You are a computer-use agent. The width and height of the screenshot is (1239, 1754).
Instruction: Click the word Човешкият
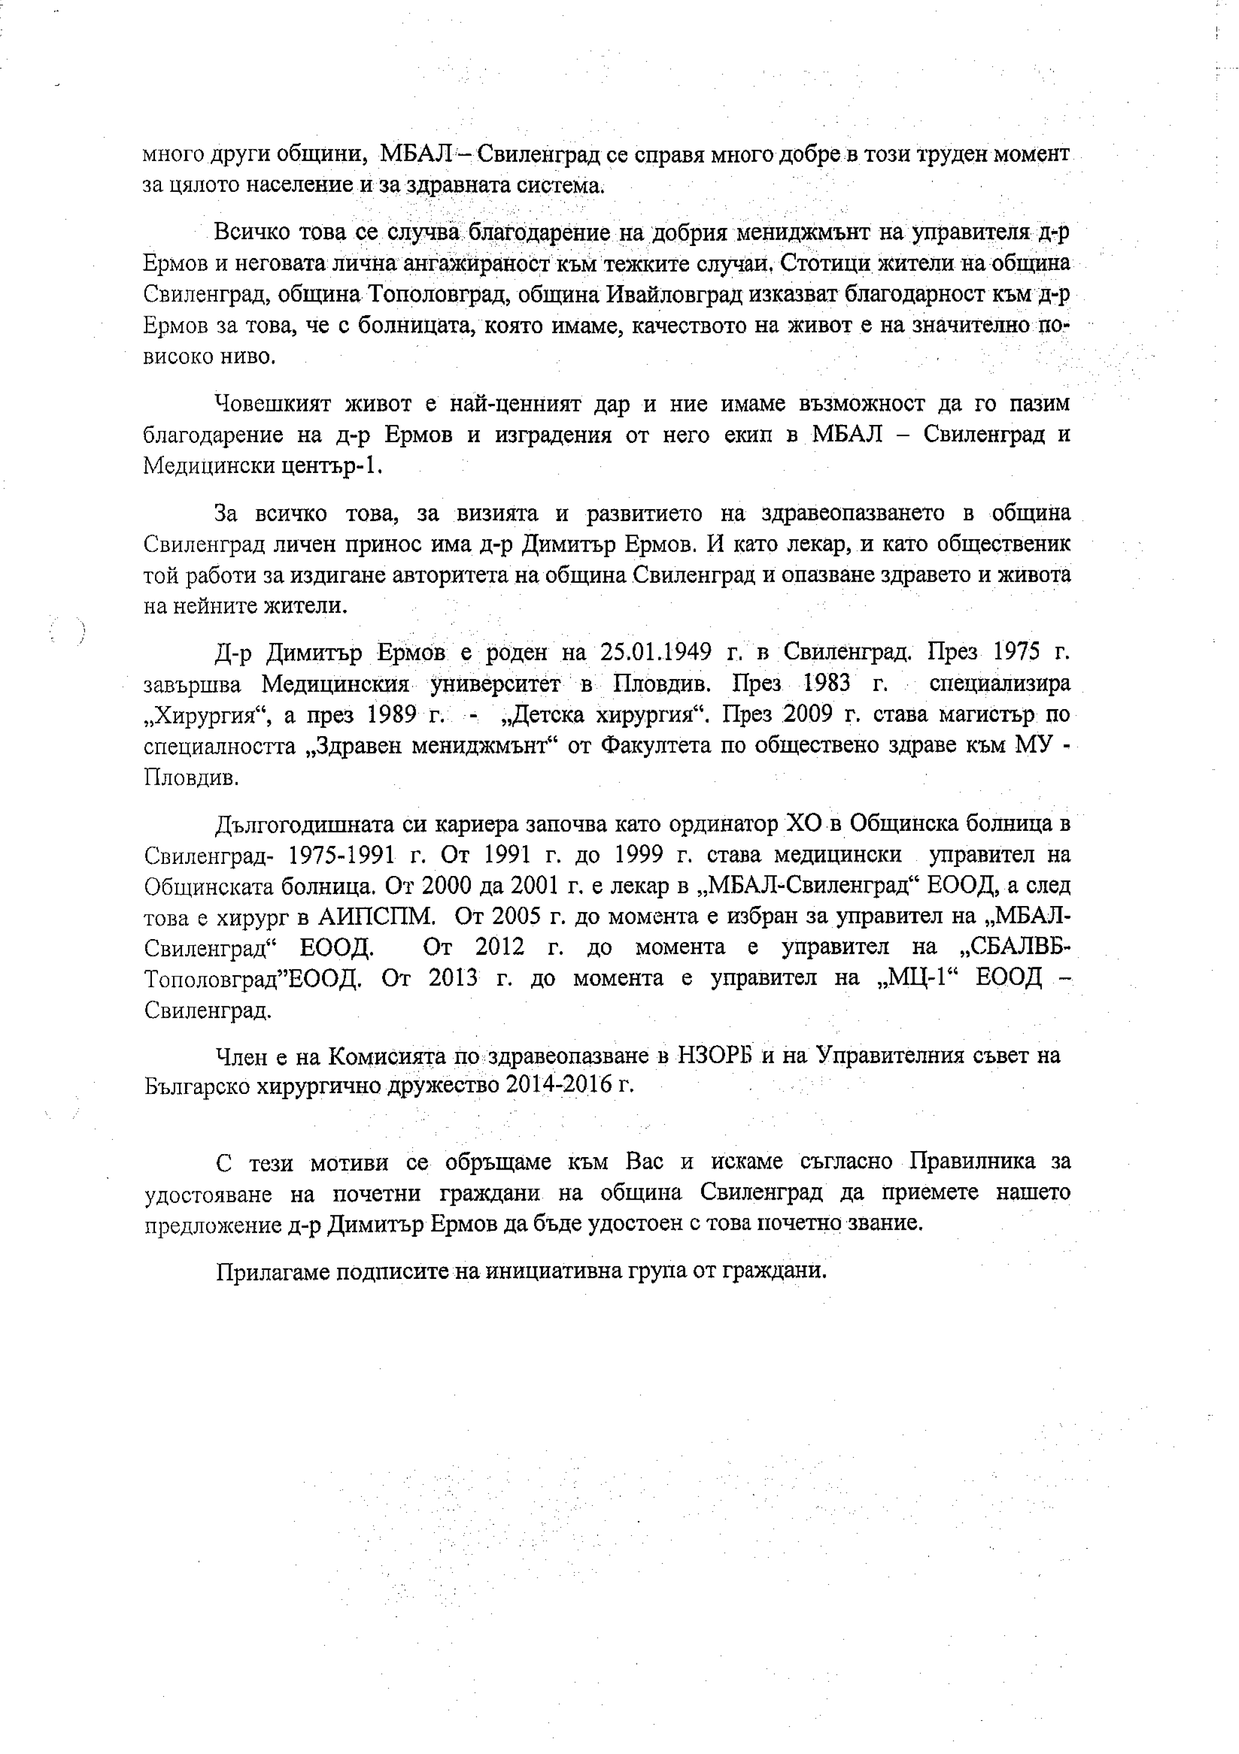[x=273, y=403]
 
